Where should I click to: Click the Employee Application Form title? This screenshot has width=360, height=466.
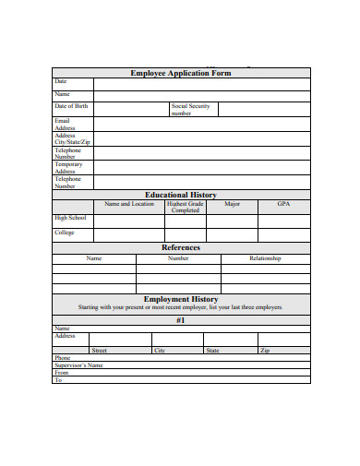[180, 73]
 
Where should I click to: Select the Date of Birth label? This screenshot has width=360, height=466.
[71, 107]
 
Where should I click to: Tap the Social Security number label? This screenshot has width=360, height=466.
[191, 110]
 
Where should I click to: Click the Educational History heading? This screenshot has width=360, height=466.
[181, 196]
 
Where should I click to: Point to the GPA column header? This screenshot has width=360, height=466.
[283, 204]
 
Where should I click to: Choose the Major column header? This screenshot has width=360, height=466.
[233, 204]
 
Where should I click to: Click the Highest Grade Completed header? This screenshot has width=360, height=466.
[185, 207]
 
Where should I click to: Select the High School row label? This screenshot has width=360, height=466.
[70, 218]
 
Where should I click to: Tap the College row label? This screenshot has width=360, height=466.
[65, 233]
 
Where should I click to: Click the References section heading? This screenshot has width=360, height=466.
[181, 247]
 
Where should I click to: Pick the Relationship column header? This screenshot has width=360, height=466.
[265, 258]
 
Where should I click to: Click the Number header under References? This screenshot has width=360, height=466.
[178, 258]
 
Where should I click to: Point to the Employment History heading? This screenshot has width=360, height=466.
[181, 300]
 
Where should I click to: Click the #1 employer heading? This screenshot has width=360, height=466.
[181, 320]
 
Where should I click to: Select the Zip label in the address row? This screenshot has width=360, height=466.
[265, 351]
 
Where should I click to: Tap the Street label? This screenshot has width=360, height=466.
[100, 351]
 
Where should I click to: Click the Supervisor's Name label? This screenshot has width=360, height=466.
[78, 365]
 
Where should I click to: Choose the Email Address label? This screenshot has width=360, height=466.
[65, 125]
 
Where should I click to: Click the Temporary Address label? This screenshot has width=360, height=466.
[68, 167]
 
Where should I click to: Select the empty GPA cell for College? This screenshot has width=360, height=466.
[283, 234]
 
